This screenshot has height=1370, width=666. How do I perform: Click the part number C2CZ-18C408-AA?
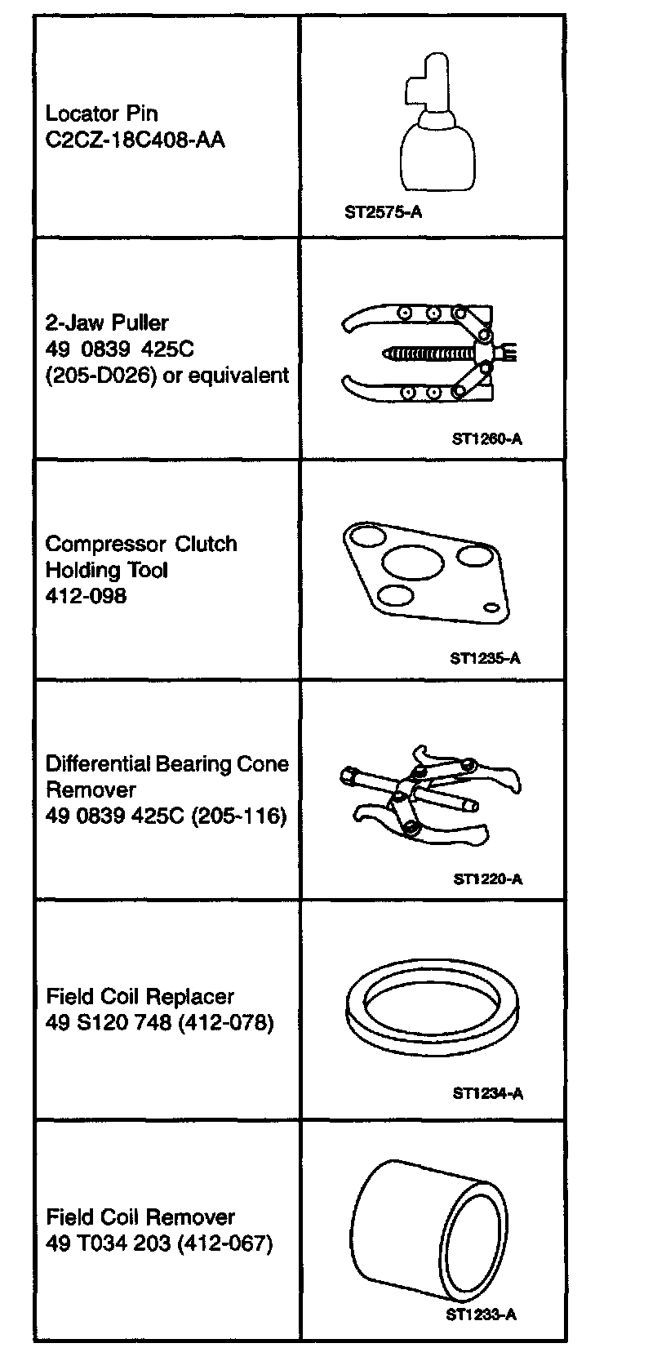(x=135, y=140)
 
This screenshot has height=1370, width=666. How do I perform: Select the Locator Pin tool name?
(x=101, y=113)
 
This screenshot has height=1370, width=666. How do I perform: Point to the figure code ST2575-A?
(x=383, y=213)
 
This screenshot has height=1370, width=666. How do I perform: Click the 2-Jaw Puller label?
(x=107, y=322)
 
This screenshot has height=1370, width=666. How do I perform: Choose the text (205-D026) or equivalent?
(x=167, y=376)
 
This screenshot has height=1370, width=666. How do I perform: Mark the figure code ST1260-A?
(x=487, y=439)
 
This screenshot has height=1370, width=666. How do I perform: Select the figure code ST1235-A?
(x=485, y=658)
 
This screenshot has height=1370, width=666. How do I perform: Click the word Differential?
(x=97, y=764)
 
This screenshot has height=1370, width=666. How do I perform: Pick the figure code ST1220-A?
(x=487, y=879)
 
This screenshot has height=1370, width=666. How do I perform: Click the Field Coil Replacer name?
(x=140, y=996)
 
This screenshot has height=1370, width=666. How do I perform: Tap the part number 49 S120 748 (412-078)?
(x=159, y=1022)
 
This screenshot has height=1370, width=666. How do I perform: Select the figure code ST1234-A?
(x=487, y=1093)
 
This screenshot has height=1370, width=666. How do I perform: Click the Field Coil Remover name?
(x=140, y=1217)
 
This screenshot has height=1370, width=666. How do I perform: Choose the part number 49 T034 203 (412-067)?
(x=159, y=1243)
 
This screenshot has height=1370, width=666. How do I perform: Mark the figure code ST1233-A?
(x=482, y=1314)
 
